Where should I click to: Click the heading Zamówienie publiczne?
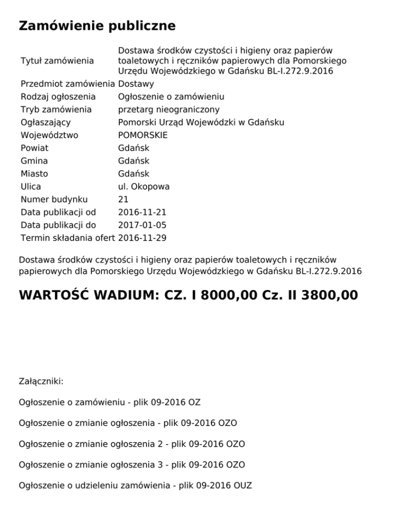tap(97, 26)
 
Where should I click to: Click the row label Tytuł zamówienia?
tap(57, 61)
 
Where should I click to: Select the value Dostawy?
tap(136, 84)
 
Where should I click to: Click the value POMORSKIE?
tap(142, 135)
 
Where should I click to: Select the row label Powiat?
tap(34, 148)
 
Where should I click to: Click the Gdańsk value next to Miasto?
tap(134, 174)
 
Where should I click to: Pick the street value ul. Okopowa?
tap(144, 187)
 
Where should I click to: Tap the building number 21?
tap(123, 200)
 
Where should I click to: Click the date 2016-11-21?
tap(142, 213)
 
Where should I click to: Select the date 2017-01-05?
tap(142, 226)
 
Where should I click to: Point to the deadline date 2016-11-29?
tap(142, 238)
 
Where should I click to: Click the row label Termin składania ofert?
tap(67, 238)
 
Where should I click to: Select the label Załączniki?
tap(41, 382)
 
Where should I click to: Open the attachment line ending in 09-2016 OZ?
tap(109, 402)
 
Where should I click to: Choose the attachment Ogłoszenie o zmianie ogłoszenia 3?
tap(132, 465)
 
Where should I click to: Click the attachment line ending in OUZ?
tap(135, 485)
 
